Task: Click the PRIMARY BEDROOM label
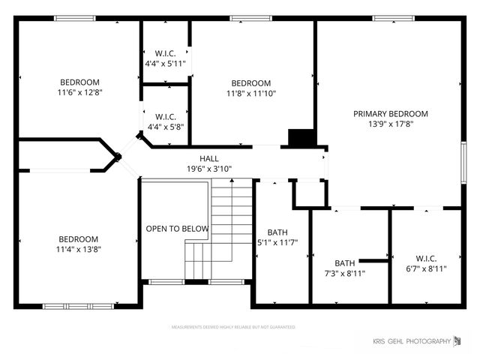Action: point(390,114)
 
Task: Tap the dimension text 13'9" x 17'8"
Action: point(390,124)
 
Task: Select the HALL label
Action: point(209,159)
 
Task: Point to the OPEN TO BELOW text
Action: point(177,229)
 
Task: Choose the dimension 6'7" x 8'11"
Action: point(426,268)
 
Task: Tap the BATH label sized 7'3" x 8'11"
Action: point(345,263)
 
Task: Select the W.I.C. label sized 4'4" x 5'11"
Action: point(165,53)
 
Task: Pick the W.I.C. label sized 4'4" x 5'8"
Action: point(165,117)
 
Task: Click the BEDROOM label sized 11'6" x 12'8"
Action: point(79,82)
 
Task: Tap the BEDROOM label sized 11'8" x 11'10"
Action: point(250,83)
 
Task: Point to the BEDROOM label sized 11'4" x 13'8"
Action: point(78,239)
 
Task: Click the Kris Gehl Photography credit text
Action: point(411,342)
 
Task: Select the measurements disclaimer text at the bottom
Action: point(233,327)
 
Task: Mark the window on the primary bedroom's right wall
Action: point(463,162)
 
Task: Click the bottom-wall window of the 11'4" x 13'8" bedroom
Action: point(78,306)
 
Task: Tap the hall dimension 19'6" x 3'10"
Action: point(209,169)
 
